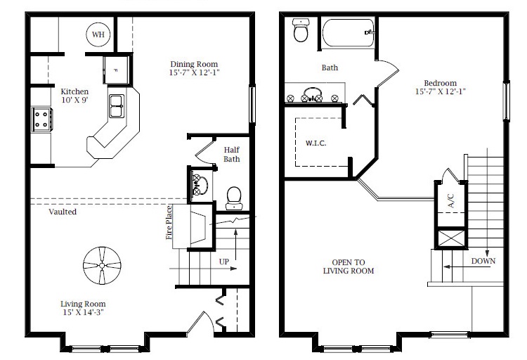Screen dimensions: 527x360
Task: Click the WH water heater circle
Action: coord(98,34)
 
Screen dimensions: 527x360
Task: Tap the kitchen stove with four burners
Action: coord(42,120)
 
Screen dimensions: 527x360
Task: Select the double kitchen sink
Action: coord(117,106)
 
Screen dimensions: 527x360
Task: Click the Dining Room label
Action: coord(194,64)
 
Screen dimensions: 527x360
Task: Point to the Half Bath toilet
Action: coord(233,198)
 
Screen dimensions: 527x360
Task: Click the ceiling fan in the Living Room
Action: coord(102,266)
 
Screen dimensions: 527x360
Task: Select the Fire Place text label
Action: coord(169,222)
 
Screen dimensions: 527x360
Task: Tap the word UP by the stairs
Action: coord(224,262)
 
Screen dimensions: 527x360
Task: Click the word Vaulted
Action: coord(63,212)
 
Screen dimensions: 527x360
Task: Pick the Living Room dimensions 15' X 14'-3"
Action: coord(83,312)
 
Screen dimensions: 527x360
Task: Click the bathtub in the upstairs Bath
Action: coord(349,32)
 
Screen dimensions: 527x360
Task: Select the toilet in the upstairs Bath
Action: coord(301,30)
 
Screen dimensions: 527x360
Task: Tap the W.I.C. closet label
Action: coord(315,143)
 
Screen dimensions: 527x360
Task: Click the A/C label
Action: coord(451,200)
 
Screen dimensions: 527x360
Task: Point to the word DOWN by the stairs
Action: coord(483,261)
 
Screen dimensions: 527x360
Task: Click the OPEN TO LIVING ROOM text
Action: coord(349,266)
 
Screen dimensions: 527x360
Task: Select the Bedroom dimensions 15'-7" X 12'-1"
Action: coord(441,91)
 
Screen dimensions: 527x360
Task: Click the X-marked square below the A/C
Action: coord(451,238)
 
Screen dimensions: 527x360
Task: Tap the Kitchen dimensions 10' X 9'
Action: coord(74,100)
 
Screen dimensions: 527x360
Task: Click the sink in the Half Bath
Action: coord(200,185)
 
